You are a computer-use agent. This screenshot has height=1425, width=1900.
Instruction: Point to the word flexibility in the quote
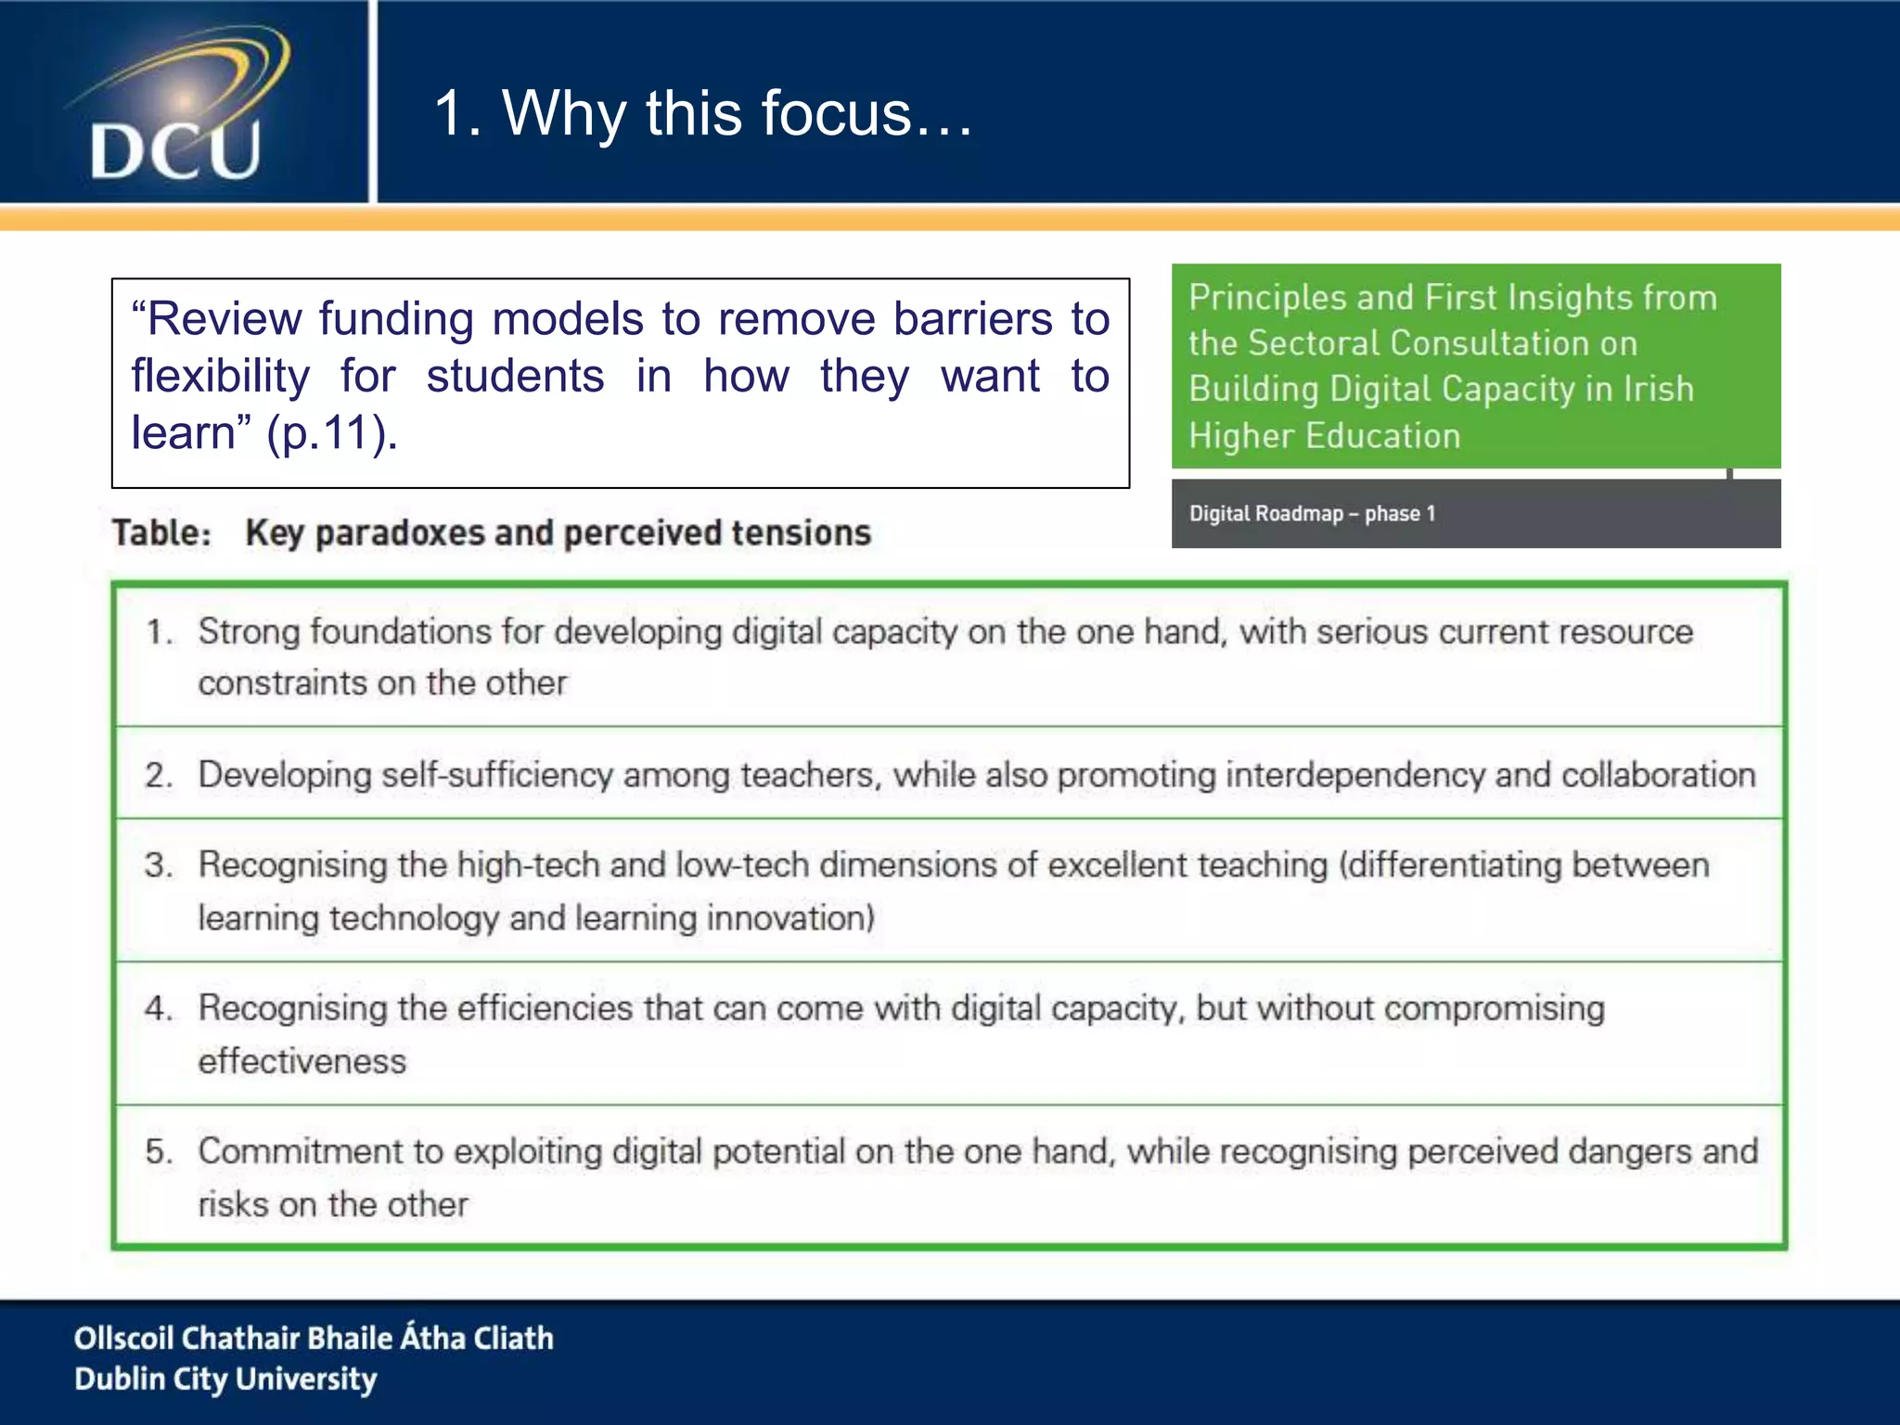(x=220, y=377)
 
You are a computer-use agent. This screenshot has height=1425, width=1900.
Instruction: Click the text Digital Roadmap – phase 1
(x=1312, y=514)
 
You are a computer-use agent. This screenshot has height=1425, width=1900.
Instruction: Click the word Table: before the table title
(x=162, y=533)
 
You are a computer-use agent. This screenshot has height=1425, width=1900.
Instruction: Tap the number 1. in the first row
(x=159, y=633)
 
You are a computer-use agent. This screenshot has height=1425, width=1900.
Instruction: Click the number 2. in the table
(x=159, y=776)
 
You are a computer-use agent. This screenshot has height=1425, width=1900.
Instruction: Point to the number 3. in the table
(x=159, y=866)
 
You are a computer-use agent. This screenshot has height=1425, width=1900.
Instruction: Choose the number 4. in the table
(x=159, y=1008)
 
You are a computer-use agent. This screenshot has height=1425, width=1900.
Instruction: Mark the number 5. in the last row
(x=159, y=1151)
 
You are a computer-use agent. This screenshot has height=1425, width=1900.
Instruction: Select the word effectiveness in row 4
(x=302, y=1061)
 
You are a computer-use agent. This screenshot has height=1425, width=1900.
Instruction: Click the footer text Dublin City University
(x=225, y=1380)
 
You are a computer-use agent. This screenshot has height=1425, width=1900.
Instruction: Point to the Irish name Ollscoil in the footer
(x=123, y=1338)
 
